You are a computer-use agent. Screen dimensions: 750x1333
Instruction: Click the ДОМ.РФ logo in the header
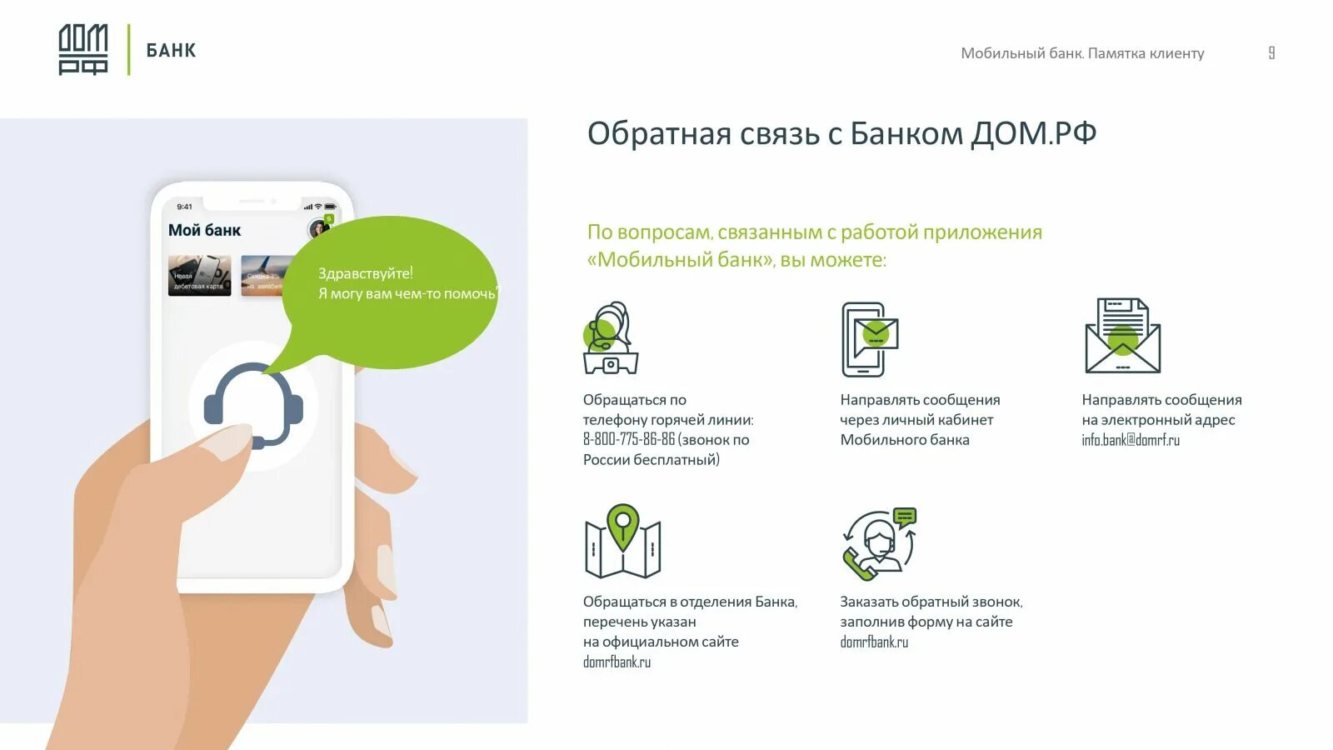82,50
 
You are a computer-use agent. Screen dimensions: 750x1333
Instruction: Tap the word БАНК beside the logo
171,51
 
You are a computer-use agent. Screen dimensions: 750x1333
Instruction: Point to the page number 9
1271,52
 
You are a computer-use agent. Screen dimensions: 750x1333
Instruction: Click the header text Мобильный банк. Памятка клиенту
1082,53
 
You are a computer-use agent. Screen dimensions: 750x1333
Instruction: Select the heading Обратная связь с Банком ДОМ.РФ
841,133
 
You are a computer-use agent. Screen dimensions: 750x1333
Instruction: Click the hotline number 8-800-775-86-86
628,440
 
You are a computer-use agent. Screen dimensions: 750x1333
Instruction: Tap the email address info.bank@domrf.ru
1131,440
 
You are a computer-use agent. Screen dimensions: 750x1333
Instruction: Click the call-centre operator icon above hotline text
611,338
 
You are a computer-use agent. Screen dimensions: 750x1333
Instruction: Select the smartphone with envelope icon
869,339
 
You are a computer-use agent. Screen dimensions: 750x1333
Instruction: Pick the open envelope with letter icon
1122,336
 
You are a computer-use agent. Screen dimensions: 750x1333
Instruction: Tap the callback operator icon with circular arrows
879,543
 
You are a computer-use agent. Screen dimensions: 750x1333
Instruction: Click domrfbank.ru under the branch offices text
617,662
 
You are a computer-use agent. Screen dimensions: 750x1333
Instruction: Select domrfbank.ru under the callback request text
874,642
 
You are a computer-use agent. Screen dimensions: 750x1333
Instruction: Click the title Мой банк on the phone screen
204,231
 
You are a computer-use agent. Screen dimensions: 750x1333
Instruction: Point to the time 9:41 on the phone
184,207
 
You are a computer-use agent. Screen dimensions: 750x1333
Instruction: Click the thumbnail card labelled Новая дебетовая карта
199,276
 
